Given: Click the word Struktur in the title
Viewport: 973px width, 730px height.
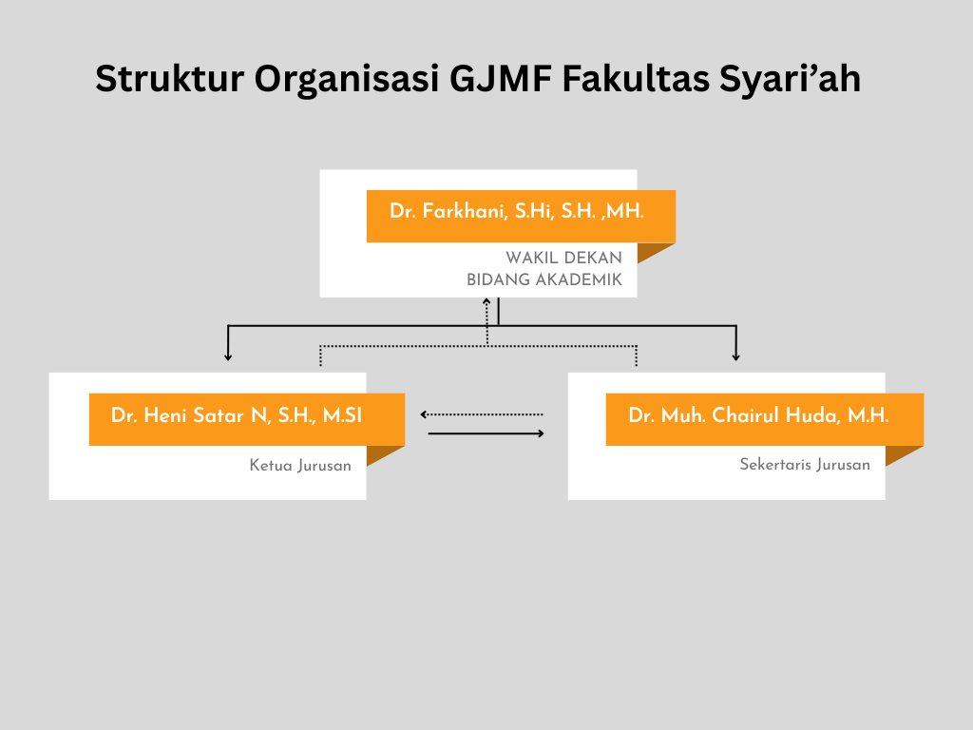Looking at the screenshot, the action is coord(170,79).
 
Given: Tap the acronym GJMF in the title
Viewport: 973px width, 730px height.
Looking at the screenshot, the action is coord(500,79).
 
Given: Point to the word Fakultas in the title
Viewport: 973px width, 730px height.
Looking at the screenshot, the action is coord(636,79).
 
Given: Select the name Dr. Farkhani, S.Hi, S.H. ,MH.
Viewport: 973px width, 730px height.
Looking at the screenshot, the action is coord(517,211).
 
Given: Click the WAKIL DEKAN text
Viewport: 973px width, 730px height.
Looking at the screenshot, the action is coord(563,258).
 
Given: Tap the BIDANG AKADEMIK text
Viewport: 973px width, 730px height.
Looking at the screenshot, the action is coord(544,279).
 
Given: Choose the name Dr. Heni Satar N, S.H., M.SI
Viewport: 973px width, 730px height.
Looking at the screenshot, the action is coord(237,414).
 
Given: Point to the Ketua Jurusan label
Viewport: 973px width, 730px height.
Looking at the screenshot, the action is coord(300,465).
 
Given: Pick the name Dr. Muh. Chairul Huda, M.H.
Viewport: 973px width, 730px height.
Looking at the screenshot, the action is coord(758,414).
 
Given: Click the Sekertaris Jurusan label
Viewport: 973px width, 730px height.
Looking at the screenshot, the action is coord(805,464).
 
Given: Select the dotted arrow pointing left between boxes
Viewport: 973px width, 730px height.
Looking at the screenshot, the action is coord(482,414).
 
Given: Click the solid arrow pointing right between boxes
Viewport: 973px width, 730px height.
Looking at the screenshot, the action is coord(486,433).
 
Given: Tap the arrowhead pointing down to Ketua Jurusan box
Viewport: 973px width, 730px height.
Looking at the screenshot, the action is coord(228,357).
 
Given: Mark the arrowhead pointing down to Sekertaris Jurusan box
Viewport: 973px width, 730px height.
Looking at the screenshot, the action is coord(736,357).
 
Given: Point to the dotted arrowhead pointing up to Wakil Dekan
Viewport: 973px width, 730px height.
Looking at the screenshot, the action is coord(486,301).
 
